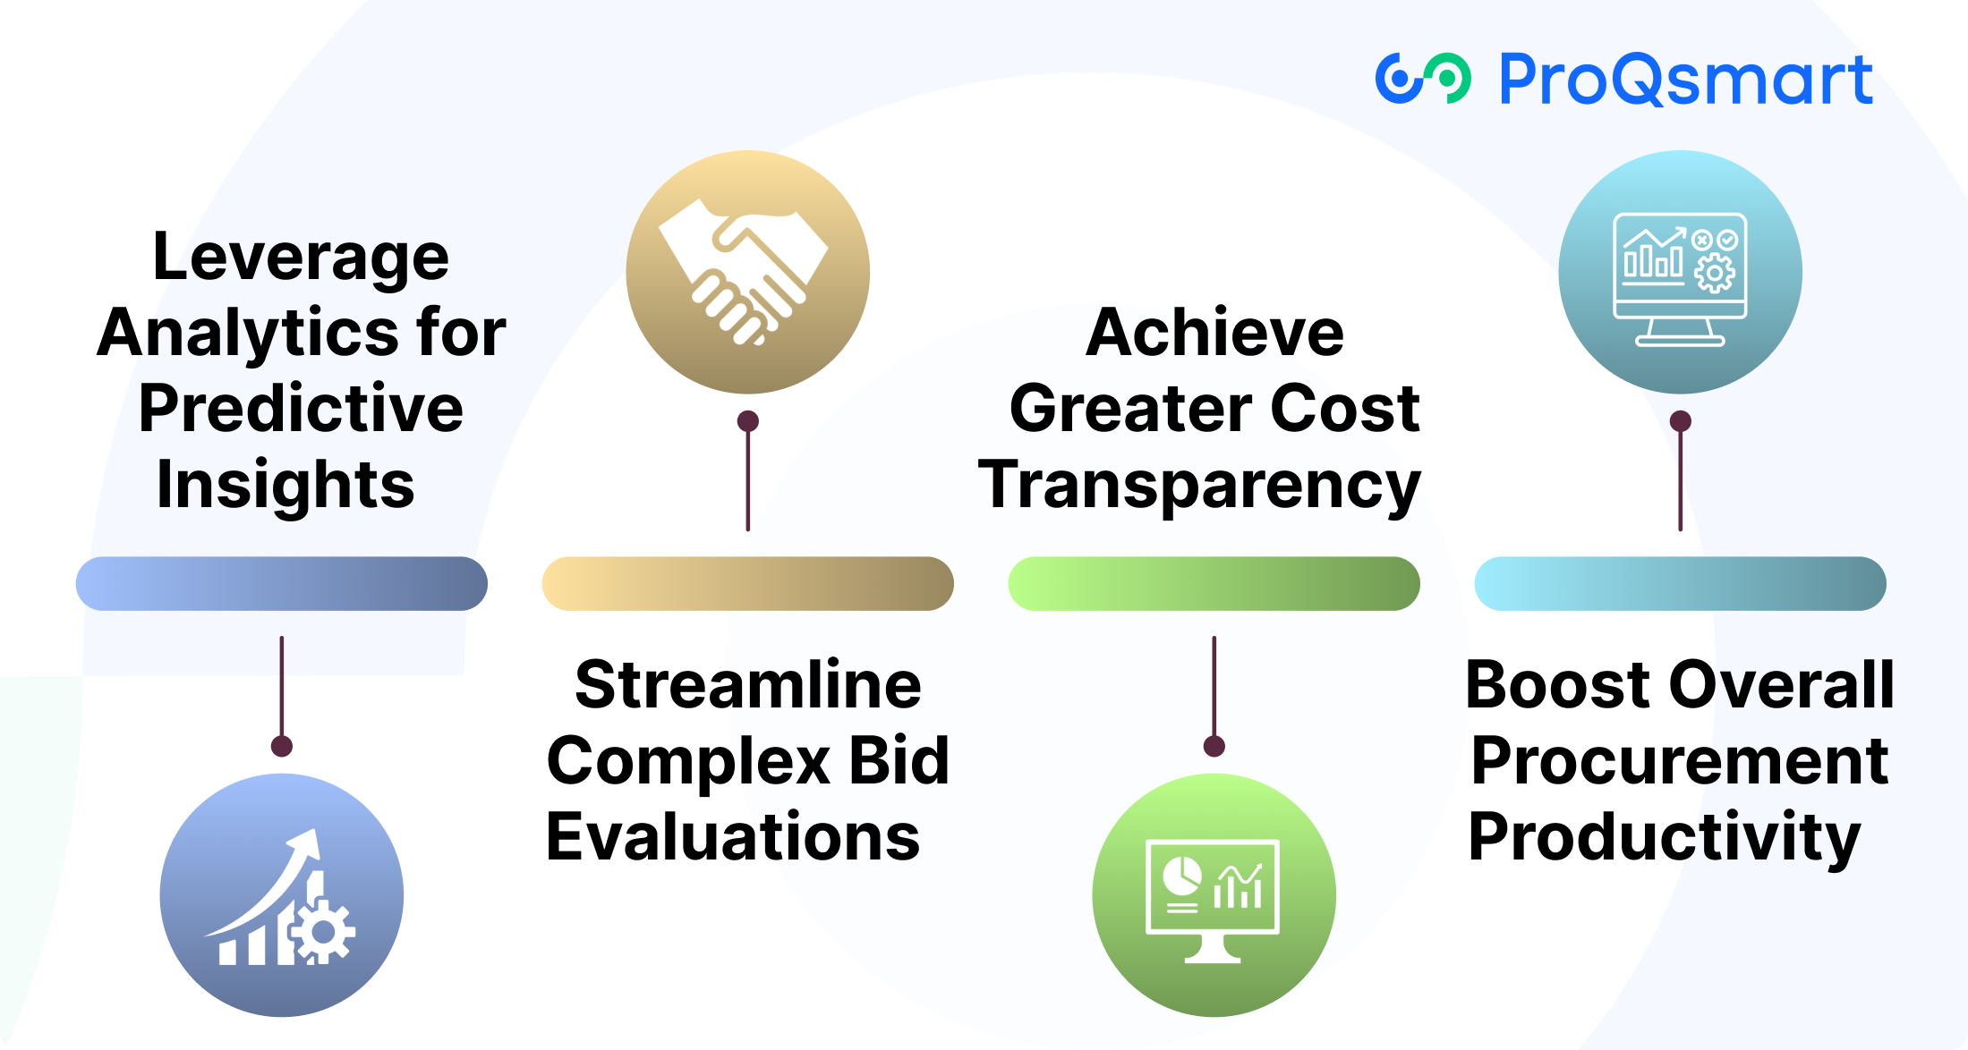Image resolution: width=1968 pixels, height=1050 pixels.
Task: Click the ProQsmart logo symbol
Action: click(x=1422, y=79)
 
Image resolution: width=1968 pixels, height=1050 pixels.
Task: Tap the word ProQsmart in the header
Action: click(x=1685, y=80)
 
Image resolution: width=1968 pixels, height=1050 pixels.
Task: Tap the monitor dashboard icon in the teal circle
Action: click(x=1680, y=279)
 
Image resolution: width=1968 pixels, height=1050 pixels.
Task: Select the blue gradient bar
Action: click(x=282, y=584)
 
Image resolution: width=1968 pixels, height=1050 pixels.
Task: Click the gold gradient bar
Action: click(x=748, y=584)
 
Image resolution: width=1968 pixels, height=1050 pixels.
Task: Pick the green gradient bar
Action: click(x=1214, y=584)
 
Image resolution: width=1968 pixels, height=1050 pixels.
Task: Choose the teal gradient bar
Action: click(x=1681, y=584)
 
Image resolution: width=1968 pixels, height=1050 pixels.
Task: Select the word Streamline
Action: click(x=748, y=685)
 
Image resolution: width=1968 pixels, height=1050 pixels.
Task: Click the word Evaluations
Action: click(x=733, y=837)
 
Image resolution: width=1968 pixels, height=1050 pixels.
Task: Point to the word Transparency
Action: click(x=1199, y=487)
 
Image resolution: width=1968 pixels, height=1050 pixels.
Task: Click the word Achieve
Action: click(x=1214, y=333)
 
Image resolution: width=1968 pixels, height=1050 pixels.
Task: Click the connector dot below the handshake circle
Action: click(x=748, y=421)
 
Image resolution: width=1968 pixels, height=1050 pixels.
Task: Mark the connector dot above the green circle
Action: click(x=1214, y=746)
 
